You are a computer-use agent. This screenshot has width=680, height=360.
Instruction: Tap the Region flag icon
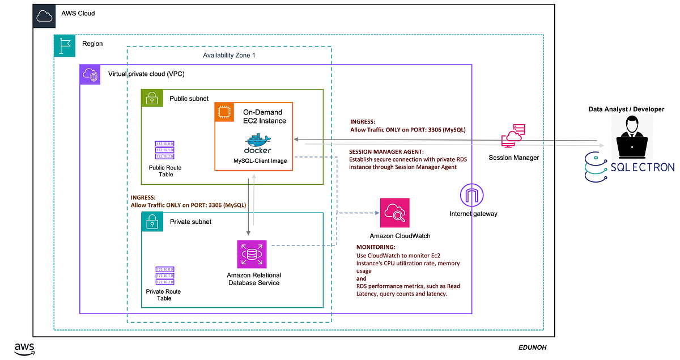pyautogui.click(x=64, y=45)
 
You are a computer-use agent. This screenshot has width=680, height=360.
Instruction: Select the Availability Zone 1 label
pyautogui.click(x=229, y=55)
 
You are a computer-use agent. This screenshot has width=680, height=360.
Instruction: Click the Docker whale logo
pyautogui.click(x=258, y=142)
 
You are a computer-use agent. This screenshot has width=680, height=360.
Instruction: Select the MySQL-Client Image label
pyautogui.click(x=260, y=161)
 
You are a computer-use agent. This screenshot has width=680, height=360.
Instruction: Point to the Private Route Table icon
pyautogui.click(x=164, y=276)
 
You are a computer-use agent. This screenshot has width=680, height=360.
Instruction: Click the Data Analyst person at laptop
pyautogui.click(x=632, y=136)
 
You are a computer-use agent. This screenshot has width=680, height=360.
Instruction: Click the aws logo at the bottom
pyautogui.click(x=26, y=349)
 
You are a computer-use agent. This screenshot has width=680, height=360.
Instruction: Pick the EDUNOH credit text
pyautogui.click(x=532, y=347)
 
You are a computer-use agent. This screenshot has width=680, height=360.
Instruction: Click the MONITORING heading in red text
pyautogui.click(x=376, y=248)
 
